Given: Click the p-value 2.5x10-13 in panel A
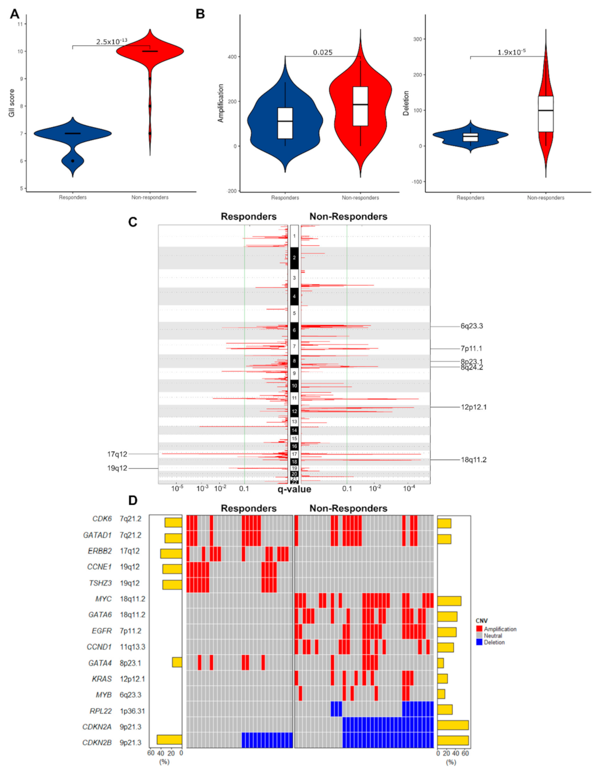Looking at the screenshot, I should click(111, 42).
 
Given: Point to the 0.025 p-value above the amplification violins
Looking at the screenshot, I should click(322, 52).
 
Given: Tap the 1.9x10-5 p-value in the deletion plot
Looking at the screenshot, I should click(511, 52).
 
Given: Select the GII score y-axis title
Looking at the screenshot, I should click(11, 103).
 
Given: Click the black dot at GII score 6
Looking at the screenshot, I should click(72, 161).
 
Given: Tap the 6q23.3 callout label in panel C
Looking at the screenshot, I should click(471, 326).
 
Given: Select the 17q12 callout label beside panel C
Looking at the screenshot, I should click(117, 454).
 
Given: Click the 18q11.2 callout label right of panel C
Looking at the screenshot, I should click(473, 460).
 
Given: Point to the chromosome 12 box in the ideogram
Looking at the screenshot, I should click(294, 411).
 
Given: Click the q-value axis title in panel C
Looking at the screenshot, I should click(294, 489).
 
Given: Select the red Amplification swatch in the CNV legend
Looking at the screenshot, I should click(479, 629).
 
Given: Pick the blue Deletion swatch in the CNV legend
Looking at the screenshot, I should click(479, 642).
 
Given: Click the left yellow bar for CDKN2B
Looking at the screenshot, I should click(169, 740).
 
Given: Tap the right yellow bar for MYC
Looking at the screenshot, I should click(449, 601).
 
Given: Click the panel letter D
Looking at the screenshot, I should click(132, 500).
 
